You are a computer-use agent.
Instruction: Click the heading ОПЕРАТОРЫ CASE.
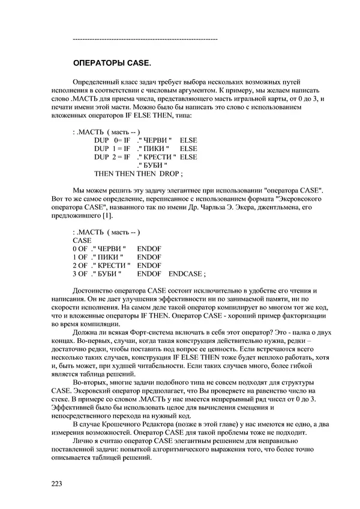tap(112, 63)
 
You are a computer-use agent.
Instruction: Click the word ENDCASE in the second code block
tap(187, 274)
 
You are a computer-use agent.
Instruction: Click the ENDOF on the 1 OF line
tap(149, 256)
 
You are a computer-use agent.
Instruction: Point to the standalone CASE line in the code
tap(82, 239)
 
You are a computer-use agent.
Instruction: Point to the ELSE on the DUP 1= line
tap(188, 148)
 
